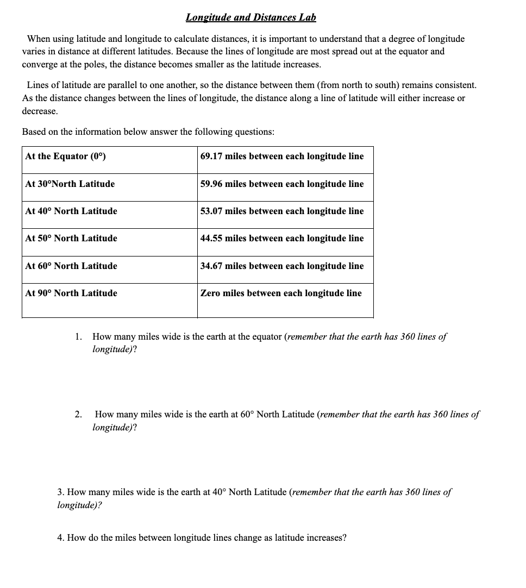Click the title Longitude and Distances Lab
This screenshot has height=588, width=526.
[x=251, y=17]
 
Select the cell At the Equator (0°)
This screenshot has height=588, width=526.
[x=65, y=157]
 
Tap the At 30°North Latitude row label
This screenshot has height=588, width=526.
[x=70, y=184]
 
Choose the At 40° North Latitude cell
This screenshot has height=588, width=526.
[x=71, y=211]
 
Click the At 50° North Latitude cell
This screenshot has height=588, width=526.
[x=71, y=238]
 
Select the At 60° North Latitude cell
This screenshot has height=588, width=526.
[x=71, y=266]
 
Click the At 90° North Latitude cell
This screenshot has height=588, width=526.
[x=71, y=293]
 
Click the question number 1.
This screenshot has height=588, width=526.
[x=79, y=336]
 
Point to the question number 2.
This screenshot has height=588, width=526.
[x=78, y=415]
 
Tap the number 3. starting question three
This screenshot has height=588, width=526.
[x=61, y=492]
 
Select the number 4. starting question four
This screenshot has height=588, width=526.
[x=61, y=538]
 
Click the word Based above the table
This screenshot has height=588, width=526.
[x=34, y=132]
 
